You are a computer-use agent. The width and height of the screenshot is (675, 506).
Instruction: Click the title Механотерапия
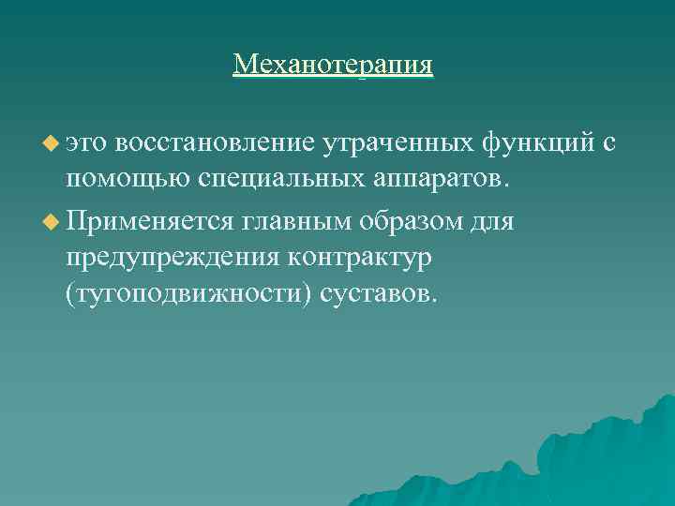pos(334,65)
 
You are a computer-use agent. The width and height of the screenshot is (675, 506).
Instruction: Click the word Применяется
pos(150,223)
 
